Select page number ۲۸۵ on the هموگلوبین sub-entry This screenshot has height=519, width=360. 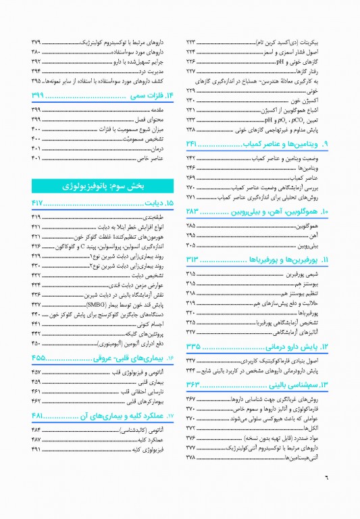pos(191,225)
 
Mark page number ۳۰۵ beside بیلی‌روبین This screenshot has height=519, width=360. pos(191,245)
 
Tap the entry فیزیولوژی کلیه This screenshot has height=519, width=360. pos(157,449)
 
